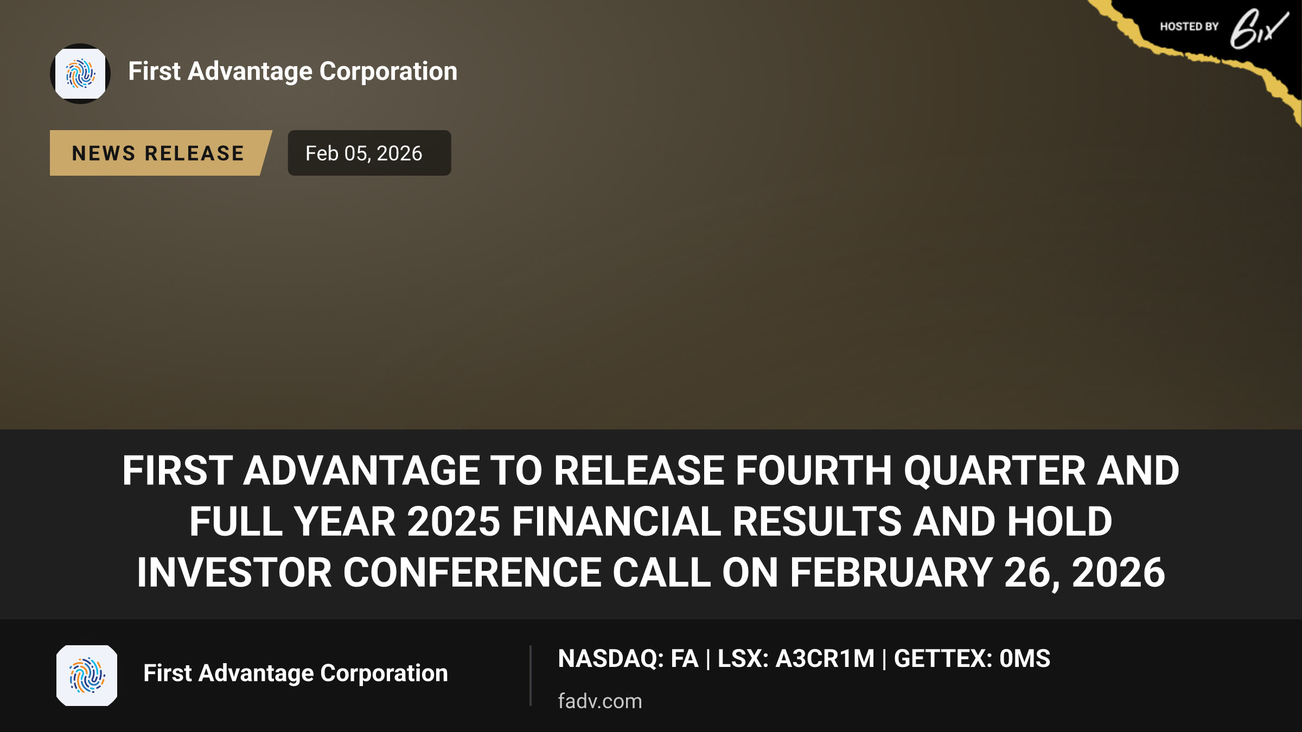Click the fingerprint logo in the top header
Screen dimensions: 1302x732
[80, 74]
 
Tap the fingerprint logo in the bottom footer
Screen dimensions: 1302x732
[87, 676]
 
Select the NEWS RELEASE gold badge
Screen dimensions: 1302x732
[161, 153]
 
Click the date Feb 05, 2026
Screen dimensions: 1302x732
[363, 153]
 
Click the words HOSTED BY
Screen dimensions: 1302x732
[1189, 27]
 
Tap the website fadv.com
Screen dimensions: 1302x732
[599, 701]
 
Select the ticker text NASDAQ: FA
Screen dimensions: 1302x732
[628, 659]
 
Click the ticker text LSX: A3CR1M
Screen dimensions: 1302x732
[796, 659]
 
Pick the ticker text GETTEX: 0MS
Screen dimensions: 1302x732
[972, 659]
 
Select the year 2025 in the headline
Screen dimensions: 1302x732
[454, 522]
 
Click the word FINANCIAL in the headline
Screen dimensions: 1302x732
[616, 522]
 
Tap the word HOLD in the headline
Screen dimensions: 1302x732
[1060, 522]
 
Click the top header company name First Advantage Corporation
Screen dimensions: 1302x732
[293, 72]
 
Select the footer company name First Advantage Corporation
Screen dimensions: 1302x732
[296, 673]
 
